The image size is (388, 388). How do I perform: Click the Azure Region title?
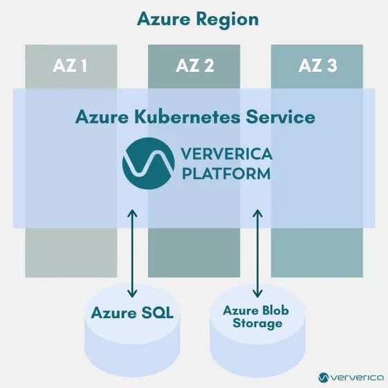point(197,19)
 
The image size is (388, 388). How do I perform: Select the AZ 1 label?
point(71,66)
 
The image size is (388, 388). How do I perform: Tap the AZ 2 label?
point(194,66)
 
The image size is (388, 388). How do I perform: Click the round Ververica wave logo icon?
point(148,163)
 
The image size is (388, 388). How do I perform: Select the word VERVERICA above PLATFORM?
point(225,154)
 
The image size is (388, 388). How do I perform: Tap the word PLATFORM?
point(225,172)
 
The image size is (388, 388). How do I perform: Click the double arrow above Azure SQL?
point(132,253)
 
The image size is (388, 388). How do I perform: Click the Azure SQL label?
point(132,313)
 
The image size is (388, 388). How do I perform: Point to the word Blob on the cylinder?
point(275,310)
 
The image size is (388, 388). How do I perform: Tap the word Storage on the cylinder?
point(257,323)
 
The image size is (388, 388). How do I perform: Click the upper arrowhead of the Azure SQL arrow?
point(132,212)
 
